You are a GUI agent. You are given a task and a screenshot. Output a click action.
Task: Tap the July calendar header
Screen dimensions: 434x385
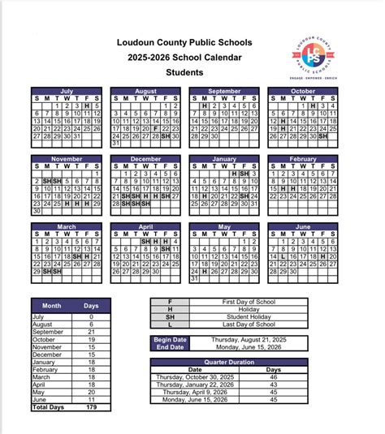[67, 91]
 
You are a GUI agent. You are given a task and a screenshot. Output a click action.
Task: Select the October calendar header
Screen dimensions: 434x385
[302, 91]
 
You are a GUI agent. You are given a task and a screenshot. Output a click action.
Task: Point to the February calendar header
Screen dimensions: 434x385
[302, 159]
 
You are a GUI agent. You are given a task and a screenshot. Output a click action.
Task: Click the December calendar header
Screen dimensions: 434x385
[145, 159]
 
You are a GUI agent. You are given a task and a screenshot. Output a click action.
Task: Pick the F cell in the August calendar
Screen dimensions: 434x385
[156, 128]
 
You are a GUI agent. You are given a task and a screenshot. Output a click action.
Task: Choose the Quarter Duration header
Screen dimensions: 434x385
[228, 360]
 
